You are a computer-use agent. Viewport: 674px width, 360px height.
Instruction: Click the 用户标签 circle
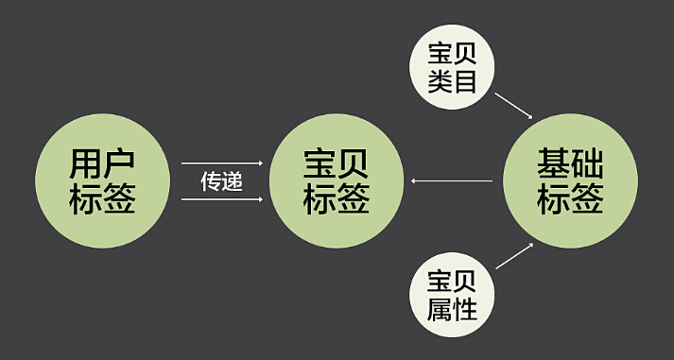pyautogui.click(x=102, y=180)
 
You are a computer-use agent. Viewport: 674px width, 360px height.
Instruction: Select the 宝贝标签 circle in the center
pyautogui.click(x=337, y=180)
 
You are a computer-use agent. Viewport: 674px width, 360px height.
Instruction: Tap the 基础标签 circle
pyautogui.click(x=570, y=180)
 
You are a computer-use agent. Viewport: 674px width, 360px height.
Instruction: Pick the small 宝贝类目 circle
pyautogui.click(x=452, y=67)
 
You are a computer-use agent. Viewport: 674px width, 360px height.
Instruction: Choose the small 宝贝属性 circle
pyautogui.click(x=452, y=295)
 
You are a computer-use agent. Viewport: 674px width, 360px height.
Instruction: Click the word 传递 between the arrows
pyautogui.click(x=222, y=181)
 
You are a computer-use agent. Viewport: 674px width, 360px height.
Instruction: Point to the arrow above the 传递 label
pyautogui.click(x=222, y=163)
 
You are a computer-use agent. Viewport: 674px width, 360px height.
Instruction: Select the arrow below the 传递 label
pyautogui.click(x=222, y=199)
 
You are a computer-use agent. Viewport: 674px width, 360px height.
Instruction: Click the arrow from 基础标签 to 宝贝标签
pyautogui.click(x=452, y=180)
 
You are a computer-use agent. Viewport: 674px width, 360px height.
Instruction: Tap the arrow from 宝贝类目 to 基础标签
pyautogui.click(x=514, y=106)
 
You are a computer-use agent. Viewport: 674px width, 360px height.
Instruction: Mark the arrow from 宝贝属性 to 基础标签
pyautogui.click(x=514, y=256)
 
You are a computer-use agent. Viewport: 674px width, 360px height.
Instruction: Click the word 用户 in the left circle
pyautogui.click(x=102, y=163)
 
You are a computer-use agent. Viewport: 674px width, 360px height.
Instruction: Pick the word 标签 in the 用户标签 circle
pyautogui.click(x=102, y=198)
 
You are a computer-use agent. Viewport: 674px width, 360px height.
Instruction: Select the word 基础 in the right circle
pyautogui.click(x=570, y=163)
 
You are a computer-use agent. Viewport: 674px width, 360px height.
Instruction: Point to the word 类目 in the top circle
pyautogui.click(x=452, y=80)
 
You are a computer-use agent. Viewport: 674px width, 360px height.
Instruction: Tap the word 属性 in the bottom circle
pyautogui.click(x=452, y=308)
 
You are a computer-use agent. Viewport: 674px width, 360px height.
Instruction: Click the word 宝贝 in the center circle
pyautogui.click(x=337, y=163)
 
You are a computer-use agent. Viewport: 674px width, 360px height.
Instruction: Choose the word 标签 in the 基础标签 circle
pyautogui.click(x=570, y=198)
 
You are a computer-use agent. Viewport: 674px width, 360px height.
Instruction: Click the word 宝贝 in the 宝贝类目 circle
pyautogui.click(x=452, y=54)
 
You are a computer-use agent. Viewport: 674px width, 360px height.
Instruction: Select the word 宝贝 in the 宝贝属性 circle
pyautogui.click(x=452, y=282)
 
